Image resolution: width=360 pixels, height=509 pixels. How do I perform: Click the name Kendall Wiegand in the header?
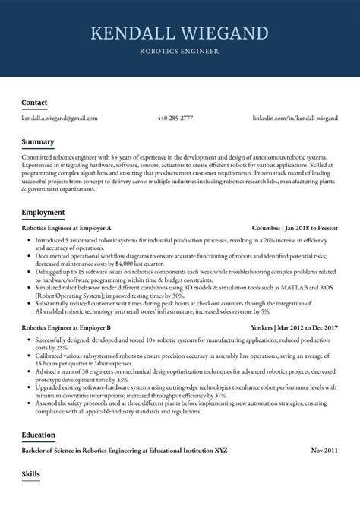pos(179,33)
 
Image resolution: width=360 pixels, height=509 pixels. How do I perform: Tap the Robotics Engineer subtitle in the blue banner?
pos(179,52)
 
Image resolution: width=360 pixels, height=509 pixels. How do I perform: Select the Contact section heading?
pos(34,102)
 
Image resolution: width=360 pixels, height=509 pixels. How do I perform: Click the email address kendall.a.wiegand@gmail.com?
pos(59,119)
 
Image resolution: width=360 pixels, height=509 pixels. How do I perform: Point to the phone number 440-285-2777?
pos(175,119)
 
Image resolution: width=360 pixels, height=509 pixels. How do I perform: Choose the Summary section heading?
pos(37,141)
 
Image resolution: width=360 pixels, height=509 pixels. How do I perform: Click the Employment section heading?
pos(43,212)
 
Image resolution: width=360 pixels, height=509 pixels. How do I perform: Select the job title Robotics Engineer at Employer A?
pos(67,228)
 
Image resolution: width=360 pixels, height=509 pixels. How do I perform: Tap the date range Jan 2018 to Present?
pos(312,228)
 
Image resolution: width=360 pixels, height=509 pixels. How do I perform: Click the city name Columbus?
pos(267,228)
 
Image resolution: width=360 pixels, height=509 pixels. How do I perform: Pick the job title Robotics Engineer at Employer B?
pos(67,327)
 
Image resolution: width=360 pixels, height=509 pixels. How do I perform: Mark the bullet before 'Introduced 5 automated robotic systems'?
pos(27,239)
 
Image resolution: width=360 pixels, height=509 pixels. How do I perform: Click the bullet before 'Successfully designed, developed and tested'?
pos(27,338)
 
